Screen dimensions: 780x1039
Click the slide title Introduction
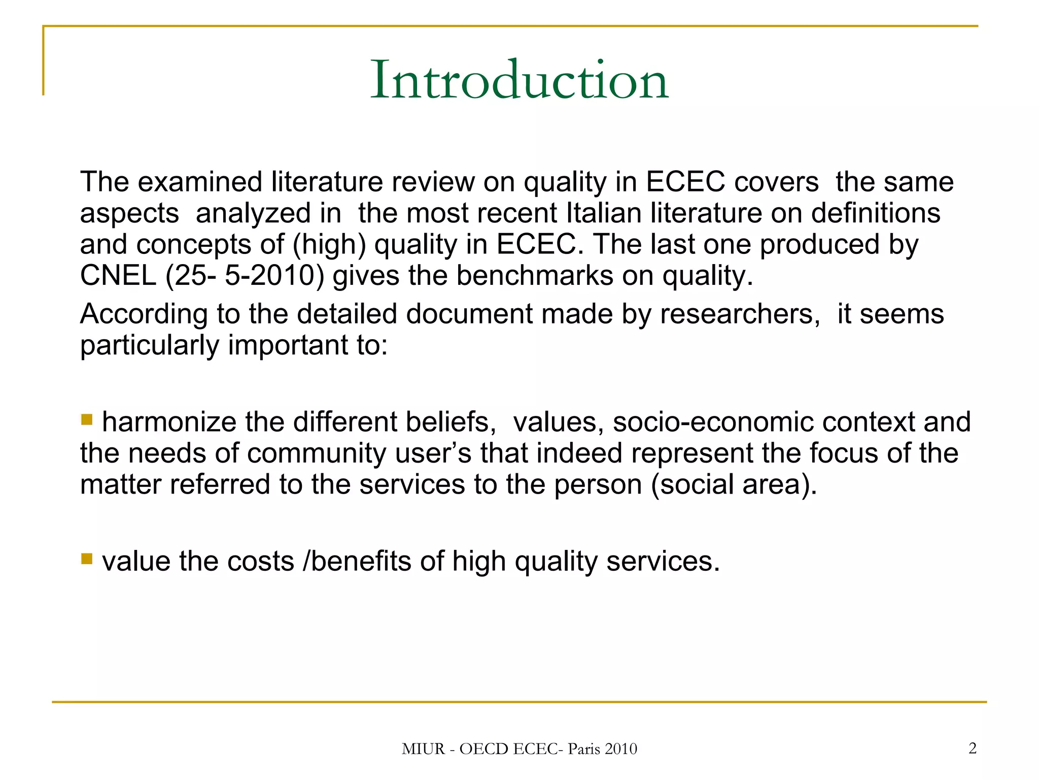(519, 80)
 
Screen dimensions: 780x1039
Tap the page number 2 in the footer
(972, 748)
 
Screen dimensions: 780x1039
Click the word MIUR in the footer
(423, 749)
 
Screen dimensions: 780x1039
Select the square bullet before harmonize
(87, 419)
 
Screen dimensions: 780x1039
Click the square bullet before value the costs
(87, 559)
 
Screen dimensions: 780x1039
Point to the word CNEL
(118, 276)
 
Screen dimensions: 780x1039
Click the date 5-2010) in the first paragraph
(274, 276)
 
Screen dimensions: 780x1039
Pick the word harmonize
(169, 422)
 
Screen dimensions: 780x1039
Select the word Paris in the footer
(583, 749)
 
